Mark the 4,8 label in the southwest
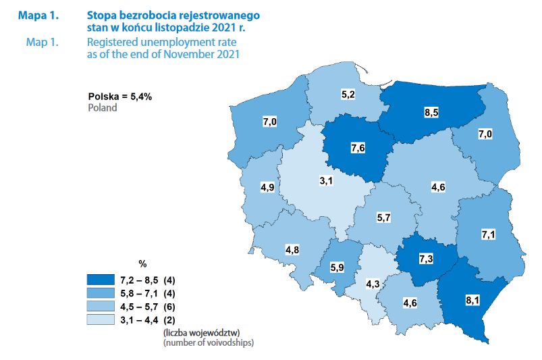click(292, 250)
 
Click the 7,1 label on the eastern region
click(489, 234)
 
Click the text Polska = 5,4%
click(119, 97)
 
